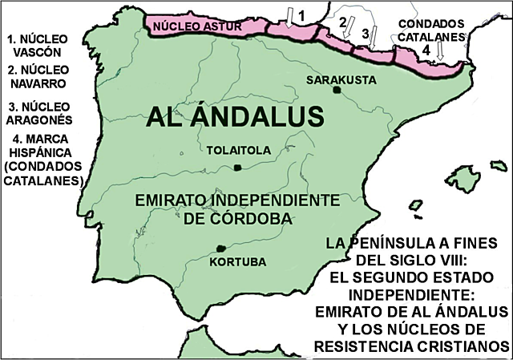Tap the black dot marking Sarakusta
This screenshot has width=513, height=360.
tap(337, 90)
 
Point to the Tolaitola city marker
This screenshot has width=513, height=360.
tap(237, 167)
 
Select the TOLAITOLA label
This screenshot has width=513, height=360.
tap(237, 150)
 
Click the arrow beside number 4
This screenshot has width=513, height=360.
tap(440, 51)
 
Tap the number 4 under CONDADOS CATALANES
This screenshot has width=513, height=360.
tap(426, 50)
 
